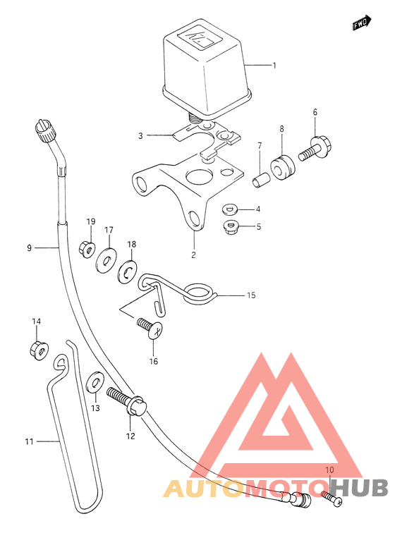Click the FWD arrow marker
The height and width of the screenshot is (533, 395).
click(362, 23)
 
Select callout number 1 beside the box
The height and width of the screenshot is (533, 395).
click(274, 66)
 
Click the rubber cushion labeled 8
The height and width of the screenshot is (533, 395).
click(283, 167)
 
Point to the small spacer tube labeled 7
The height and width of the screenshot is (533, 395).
click(261, 179)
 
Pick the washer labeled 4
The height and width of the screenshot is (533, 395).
click(231, 209)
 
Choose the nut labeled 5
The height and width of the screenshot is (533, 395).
click(231, 226)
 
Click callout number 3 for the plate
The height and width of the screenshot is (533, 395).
click(140, 136)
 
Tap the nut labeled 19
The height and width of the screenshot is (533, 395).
click(87, 249)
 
